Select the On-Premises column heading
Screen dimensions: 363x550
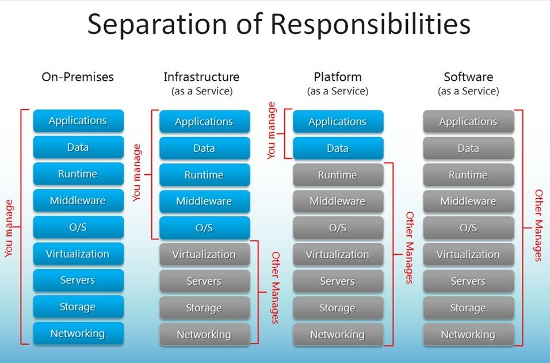(x=78, y=77)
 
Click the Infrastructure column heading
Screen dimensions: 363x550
(x=201, y=77)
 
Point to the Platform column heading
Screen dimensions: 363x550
(x=338, y=77)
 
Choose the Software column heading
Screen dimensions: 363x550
(x=468, y=77)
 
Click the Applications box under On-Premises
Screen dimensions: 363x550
(x=78, y=121)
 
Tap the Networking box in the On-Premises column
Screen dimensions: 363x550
(x=78, y=334)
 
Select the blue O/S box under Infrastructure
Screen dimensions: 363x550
(x=204, y=228)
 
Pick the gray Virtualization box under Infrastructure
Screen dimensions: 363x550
(x=204, y=254)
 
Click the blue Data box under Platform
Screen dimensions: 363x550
(x=338, y=148)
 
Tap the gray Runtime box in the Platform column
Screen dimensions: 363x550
(x=338, y=175)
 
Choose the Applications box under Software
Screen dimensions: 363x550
(x=468, y=122)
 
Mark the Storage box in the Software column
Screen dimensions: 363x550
(x=468, y=308)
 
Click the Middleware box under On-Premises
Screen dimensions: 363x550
(x=78, y=201)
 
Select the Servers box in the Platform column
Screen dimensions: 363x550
(x=338, y=281)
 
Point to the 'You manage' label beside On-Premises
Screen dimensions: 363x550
(x=9, y=228)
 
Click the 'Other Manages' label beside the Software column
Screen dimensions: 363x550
(x=539, y=225)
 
